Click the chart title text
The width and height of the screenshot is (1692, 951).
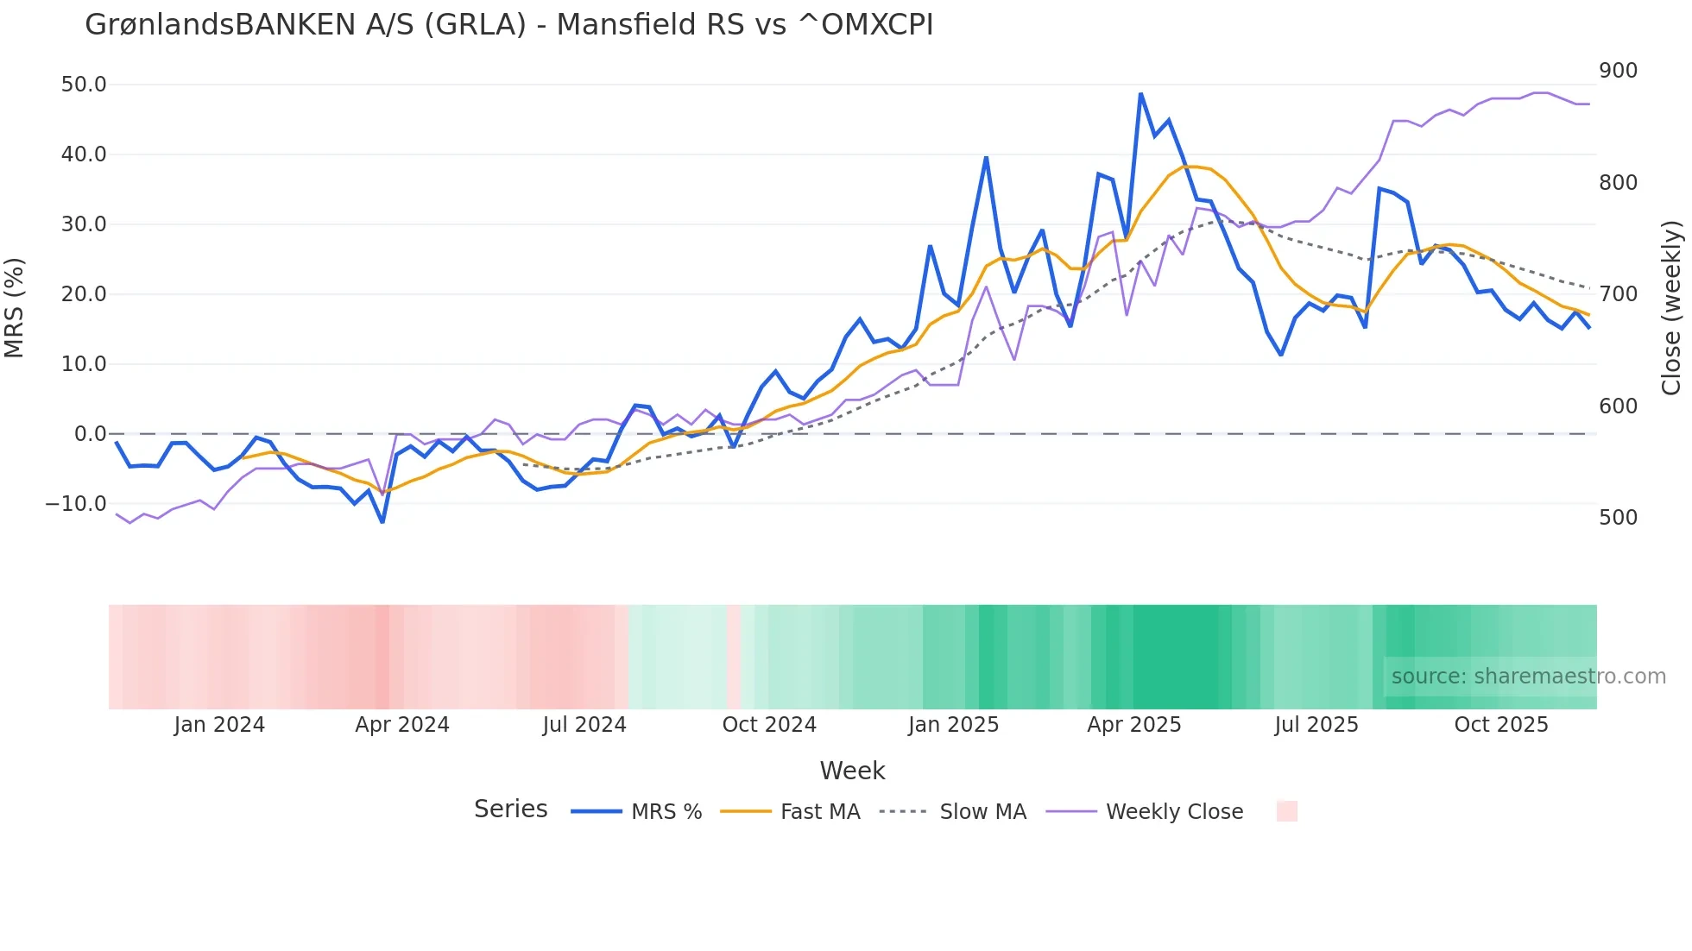[x=508, y=25]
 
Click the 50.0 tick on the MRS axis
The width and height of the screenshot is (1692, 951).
[x=84, y=85]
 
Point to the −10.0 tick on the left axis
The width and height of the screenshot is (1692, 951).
[x=76, y=504]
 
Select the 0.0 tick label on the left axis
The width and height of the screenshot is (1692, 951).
[x=90, y=434]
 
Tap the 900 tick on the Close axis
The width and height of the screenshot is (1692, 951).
[x=1618, y=71]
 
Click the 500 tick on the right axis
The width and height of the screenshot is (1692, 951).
[x=1618, y=518]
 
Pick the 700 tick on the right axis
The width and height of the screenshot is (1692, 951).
[x=1618, y=294]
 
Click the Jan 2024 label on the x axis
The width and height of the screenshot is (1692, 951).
[x=219, y=725]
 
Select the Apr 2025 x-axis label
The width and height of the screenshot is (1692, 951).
[x=1133, y=725]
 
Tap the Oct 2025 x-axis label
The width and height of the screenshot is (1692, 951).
[x=1501, y=725]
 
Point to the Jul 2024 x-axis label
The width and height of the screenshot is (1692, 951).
[x=584, y=725]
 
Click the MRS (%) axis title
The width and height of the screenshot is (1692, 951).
[x=15, y=307]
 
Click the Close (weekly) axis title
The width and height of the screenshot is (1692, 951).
[x=1671, y=307]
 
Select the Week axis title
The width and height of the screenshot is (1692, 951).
[x=852, y=771]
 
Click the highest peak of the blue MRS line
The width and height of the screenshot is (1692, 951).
[x=1140, y=94]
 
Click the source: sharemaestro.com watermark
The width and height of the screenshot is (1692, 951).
[x=1528, y=677]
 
